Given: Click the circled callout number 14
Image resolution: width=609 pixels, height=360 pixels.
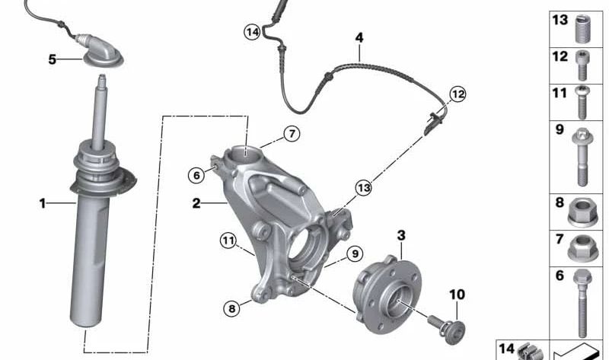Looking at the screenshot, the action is [x=253, y=32].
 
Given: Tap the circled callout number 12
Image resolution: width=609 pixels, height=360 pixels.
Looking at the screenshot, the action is [x=458, y=94].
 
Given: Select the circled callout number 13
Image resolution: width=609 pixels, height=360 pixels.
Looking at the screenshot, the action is [x=364, y=188].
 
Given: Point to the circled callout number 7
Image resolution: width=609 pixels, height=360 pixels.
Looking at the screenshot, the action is [x=292, y=134].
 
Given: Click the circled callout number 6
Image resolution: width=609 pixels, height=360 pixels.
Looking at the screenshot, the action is [x=196, y=176].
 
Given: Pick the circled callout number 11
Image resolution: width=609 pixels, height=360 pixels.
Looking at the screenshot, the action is [x=228, y=241].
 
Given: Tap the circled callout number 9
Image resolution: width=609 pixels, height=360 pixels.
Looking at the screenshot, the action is [x=355, y=254].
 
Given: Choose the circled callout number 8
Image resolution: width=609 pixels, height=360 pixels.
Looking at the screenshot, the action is [x=232, y=309].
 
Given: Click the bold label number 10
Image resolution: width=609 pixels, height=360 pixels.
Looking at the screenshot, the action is [x=458, y=295].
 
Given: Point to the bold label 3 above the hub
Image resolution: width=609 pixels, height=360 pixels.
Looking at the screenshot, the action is [x=401, y=235].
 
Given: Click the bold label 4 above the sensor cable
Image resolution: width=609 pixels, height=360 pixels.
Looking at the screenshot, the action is [x=359, y=38].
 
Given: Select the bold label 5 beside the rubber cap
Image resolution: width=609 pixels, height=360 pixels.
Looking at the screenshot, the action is [x=52, y=59].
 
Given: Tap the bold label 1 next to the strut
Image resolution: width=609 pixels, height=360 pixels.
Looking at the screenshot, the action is [x=43, y=203].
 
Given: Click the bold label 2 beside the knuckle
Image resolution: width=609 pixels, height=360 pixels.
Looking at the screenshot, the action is [x=196, y=203].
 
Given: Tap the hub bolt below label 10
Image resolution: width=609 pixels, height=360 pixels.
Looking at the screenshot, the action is [x=447, y=330].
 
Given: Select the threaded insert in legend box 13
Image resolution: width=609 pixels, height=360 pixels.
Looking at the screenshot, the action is [x=582, y=29].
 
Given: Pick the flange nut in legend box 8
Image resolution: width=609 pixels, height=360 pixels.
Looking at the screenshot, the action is [x=582, y=212].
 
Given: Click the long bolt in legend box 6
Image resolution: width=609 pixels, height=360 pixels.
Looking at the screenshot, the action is [x=582, y=303].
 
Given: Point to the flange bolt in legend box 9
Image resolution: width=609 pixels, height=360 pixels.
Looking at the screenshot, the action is [x=582, y=157].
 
